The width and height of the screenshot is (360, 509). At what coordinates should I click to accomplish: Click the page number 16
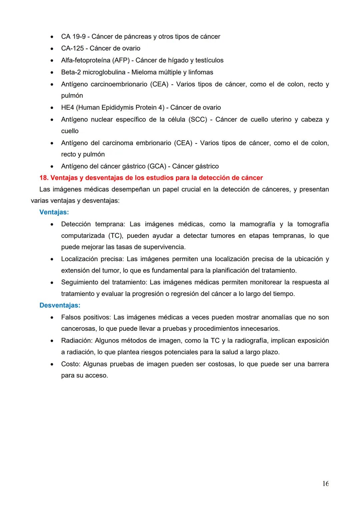[x=325, y=484]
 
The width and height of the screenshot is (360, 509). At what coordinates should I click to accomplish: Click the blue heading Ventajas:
[x=54, y=212]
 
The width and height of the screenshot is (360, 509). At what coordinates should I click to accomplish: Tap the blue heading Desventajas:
[x=60, y=305]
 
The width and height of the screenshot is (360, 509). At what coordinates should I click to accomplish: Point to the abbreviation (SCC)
[x=198, y=120]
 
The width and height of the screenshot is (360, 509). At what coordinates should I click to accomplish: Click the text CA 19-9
[x=73, y=37]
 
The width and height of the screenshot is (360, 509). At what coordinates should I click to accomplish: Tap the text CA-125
[x=72, y=48]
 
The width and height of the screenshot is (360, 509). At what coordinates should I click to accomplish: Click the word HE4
[x=67, y=108]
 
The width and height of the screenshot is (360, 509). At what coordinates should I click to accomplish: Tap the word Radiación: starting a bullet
[x=76, y=341]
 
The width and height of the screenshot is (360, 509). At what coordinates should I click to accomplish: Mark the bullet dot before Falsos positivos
[x=52, y=318]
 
